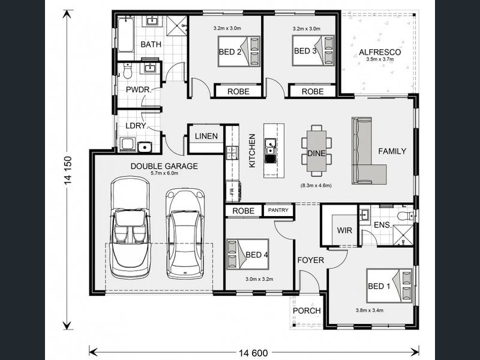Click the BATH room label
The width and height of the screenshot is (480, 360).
point(151,44)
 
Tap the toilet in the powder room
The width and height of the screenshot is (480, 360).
point(127,71)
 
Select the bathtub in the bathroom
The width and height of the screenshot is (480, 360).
point(125,35)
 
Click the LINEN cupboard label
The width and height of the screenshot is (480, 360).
point(206,136)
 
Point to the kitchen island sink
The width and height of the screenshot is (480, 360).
point(270,146)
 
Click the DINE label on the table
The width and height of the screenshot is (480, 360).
point(316,154)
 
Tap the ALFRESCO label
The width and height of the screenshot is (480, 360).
point(380,52)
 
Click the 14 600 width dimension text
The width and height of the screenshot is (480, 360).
point(253,353)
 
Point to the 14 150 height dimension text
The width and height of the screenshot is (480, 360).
point(68,170)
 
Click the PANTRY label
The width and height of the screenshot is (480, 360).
point(278,211)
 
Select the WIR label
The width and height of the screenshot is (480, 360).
point(344,230)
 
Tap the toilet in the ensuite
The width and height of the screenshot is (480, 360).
point(406,215)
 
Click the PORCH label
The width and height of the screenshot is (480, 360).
point(307,311)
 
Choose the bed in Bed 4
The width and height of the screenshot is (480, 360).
point(248,254)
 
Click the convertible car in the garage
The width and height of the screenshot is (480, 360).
point(130,227)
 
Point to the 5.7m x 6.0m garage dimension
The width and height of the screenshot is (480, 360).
point(164,173)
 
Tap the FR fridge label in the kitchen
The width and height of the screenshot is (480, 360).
point(232,191)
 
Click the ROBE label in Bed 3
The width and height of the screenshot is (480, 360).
point(313,92)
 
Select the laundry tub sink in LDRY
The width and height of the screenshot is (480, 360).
point(145,147)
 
